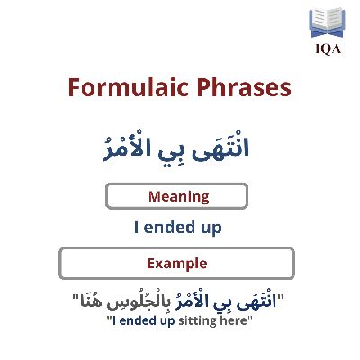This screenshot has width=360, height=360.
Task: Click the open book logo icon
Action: [327, 23]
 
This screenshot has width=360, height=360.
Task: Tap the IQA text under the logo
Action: [328, 49]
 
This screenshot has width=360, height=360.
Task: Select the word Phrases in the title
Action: [244, 87]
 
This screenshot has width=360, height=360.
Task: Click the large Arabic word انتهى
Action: [220, 147]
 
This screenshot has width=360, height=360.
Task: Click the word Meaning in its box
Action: [179, 197]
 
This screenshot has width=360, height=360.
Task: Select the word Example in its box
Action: [177, 264]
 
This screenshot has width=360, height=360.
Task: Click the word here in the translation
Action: [233, 320]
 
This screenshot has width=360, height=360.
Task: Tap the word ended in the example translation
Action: [139, 320]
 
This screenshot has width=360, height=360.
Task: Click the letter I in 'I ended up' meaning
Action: [137, 227]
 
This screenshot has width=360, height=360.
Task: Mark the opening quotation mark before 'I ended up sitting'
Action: [110, 318]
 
